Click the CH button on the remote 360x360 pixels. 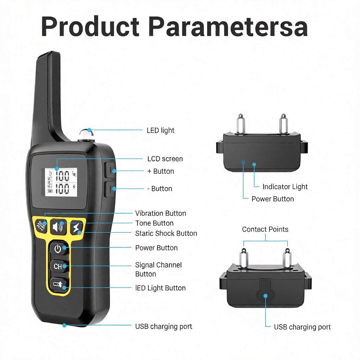point(58,266)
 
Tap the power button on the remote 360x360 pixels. point(58,249)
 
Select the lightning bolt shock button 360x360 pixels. point(76,228)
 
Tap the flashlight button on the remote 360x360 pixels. point(58,284)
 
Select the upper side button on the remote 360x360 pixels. point(110,170)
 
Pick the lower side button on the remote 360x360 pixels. point(110,189)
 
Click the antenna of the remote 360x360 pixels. point(49,95)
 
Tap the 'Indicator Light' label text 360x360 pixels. point(285,187)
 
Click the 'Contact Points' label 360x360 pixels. point(265,229)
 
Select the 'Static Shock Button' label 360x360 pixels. point(166,233)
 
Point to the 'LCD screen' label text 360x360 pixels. point(165,159)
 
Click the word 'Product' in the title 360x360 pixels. point(90,27)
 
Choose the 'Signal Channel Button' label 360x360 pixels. point(158,269)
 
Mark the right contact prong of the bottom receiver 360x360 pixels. point(287,257)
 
